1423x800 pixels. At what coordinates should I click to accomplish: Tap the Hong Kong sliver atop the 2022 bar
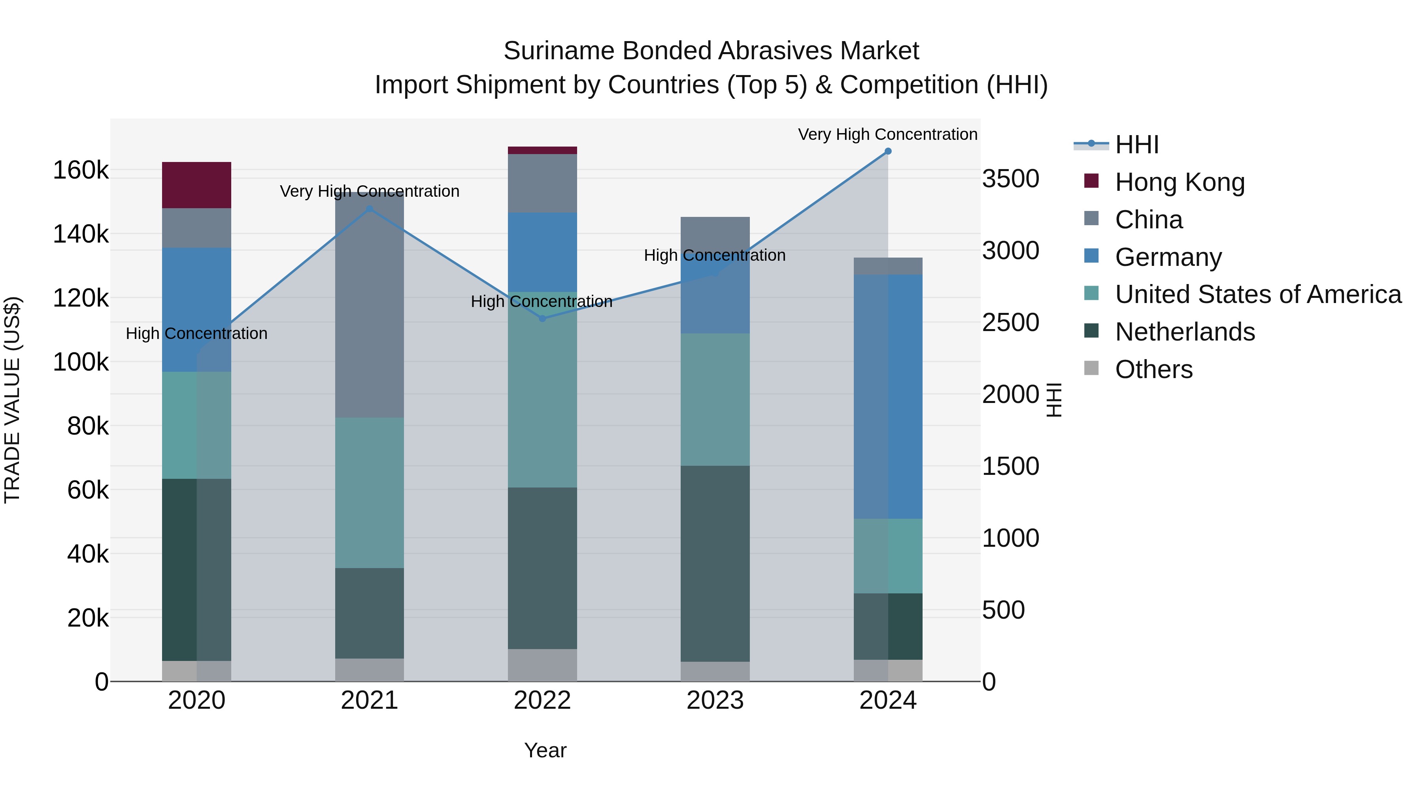click(x=542, y=150)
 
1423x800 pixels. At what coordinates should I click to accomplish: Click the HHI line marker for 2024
click(x=888, y=151)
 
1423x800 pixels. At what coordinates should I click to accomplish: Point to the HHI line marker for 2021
click(x=370, y=209)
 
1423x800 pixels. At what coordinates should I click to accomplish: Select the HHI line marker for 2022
click(x=542, y=318)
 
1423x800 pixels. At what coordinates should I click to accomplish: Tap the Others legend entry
click(x=1153, y=369)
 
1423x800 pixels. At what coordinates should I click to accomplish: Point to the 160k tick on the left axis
click(x=81, y=170)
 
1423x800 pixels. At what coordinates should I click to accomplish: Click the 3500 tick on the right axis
click(x=1010, y=179)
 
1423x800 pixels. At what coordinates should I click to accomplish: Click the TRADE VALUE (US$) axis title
click(x=12, y=400)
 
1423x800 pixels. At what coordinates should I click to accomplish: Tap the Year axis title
click(x=545, y=750)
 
